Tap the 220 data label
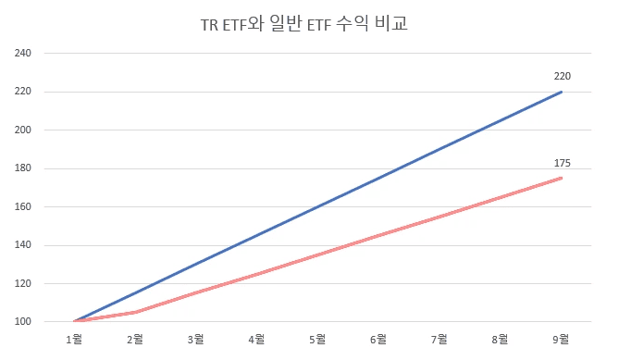coord(562,76)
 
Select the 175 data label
coord(562,163)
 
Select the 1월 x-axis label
coord(74,340)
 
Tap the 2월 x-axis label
coord(135,340)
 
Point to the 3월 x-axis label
coord(196,340)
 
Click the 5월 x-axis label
coord(317,340)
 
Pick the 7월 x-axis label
coord(439,340)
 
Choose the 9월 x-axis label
coord(562,340)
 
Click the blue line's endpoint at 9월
coord(562,92)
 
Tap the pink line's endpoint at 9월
coord(562,178)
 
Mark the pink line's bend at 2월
coord(135,312)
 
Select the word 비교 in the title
coord(391,25)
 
